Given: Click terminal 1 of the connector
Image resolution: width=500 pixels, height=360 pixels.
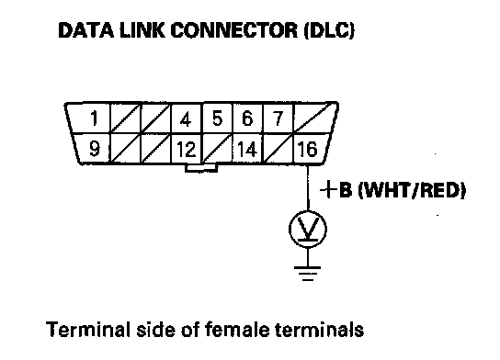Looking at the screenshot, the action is [90, 118].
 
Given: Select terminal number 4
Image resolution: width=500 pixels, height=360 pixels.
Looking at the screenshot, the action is [187, 118].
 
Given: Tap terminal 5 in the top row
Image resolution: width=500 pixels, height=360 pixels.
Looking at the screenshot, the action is [218, 118].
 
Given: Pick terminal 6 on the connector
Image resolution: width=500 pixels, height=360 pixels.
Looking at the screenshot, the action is [248, 118].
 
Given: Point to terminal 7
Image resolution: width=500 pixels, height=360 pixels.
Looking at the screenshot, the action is [278, 118].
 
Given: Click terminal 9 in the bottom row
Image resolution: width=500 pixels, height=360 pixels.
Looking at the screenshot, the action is [93, 148].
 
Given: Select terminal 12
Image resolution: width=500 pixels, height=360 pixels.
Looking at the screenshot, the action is [187, 149].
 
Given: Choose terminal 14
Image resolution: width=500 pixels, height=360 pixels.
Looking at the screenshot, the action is [248, 149].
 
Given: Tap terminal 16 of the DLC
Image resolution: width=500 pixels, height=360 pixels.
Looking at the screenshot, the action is [309, 149].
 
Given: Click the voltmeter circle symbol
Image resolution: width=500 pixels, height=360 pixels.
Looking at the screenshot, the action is [308, 230].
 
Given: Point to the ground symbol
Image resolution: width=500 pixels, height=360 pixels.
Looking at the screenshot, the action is [308, 274].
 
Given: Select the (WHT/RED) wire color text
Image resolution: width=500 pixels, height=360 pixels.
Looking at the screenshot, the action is [412, 190].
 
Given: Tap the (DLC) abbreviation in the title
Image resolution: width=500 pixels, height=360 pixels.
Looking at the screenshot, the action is [329, 31].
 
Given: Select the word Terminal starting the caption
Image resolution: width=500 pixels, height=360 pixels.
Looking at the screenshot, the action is [88, 330].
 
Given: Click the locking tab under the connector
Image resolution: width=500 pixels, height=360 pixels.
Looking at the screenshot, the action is [201, 168].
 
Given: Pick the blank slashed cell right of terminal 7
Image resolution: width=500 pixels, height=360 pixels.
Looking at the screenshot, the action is [314, 118].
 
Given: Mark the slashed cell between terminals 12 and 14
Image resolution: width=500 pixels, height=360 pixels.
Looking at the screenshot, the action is [218, 149].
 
